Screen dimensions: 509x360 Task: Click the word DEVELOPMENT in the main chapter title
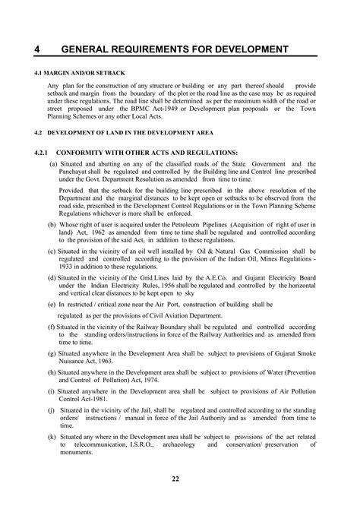pyautogui.click(x=245, y=49)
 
